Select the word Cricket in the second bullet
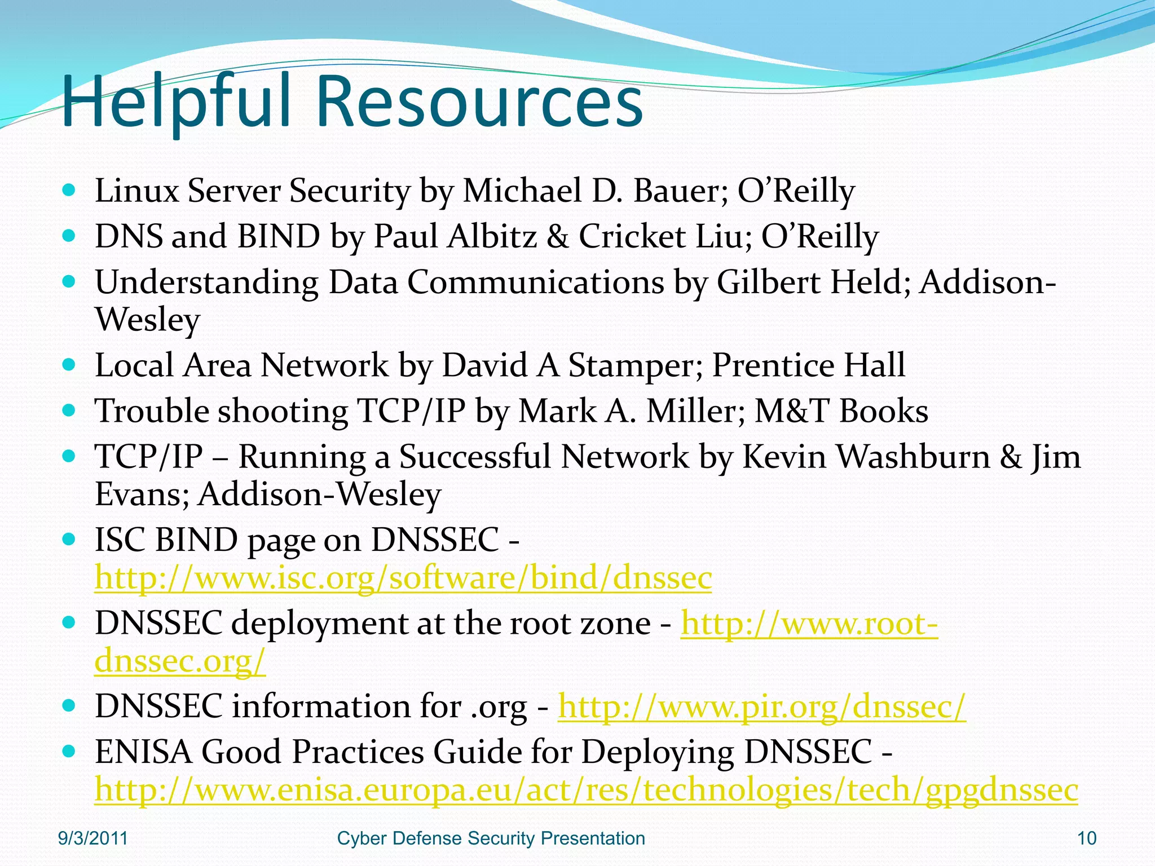point(632,236)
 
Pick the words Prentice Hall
point(808,365)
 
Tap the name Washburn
point(913,457)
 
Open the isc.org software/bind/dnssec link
point(403,578)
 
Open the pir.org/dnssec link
point(761,706)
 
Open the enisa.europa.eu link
point(586,790)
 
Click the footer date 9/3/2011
point(93,838)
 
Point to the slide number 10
point(1087,838)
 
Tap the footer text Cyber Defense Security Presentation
point(491,838)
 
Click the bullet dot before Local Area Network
point(69,365)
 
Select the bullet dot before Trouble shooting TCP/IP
point(69,410)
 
